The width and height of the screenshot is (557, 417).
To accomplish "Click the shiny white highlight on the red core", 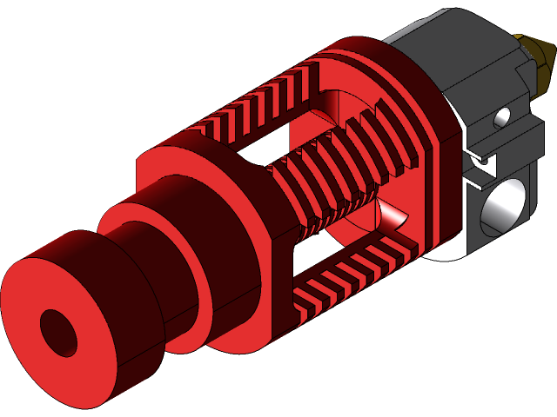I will tap(393, 215).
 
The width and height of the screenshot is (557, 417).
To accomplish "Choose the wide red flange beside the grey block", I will tap(418, 104).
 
